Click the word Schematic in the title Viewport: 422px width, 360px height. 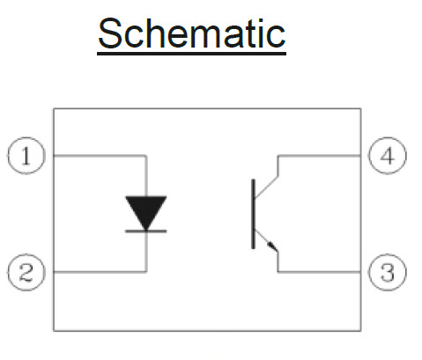(192, 33)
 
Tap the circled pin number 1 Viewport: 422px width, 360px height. (26, 156)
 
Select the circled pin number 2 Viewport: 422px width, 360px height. (26, 272)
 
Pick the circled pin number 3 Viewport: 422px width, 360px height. (388, 272)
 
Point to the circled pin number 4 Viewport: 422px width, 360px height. (388, 156)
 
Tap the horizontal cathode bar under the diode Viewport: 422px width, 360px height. (146, 231)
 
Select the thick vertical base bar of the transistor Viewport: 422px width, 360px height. (253, 214)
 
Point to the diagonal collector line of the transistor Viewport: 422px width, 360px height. (266, 187)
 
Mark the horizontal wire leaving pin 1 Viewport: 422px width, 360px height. (100, 156)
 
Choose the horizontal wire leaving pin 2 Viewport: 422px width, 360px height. (100, 272)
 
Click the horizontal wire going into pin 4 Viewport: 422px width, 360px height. (320, 156)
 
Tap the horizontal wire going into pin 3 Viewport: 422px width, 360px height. (320, 272)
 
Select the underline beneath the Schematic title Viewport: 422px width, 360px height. (192, 54)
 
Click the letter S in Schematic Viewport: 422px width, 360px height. (109, 33)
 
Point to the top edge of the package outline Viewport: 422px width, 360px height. (207, 109)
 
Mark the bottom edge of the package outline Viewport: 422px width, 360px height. (207, 331)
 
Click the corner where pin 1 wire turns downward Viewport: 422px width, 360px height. (146, 156)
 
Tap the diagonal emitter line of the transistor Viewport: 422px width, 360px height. (266, 240)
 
